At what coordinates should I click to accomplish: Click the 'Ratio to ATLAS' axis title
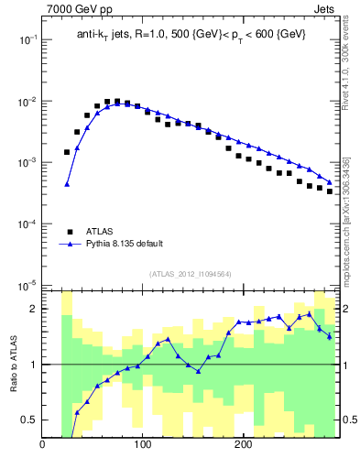16,364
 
